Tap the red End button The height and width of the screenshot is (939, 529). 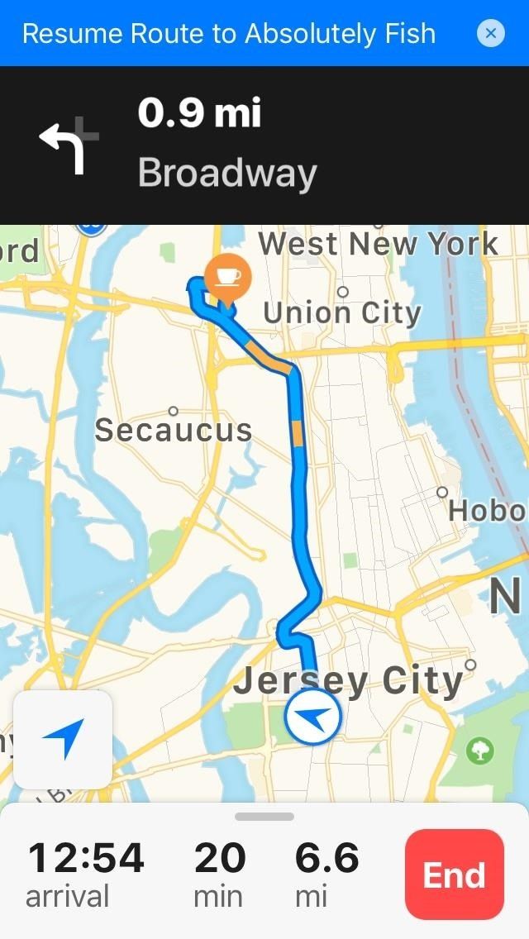coord(454,875)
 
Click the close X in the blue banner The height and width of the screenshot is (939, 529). coord(491,33)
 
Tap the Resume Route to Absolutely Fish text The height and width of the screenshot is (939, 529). coord(229,33)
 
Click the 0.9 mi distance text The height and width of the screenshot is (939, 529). coord(199,113)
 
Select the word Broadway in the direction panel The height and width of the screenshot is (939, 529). coord(227,173)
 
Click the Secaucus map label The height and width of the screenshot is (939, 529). coord(174,430)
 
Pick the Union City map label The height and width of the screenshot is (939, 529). coord(342,312)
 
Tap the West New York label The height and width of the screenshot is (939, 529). coord(379,244)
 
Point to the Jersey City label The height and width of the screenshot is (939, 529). coord(348,682)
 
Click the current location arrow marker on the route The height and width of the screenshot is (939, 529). coord(312,717)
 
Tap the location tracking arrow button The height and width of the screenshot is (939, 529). coord(63,739)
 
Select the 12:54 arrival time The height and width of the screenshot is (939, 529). coord(86,858)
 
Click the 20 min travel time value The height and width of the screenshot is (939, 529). coord(220,858)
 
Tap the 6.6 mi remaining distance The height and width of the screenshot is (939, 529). coord(327,858)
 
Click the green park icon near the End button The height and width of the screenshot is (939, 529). coord(479,751)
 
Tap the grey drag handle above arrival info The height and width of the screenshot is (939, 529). coord(264,817)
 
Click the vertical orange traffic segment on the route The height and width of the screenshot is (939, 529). coord(298,433)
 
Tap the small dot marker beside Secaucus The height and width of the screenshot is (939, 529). coord(174,411)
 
